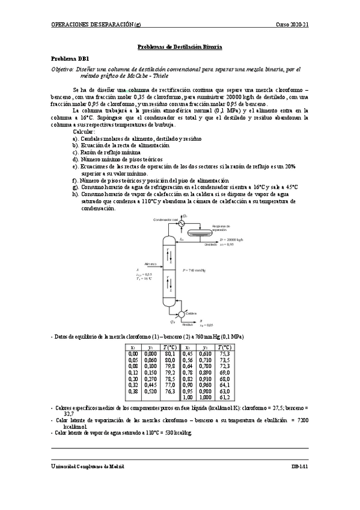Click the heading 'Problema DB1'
(70, 58)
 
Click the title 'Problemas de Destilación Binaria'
(180, 46)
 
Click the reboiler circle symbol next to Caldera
(180, 314)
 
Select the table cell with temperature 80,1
(170, 354)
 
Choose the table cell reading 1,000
(206, 398)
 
